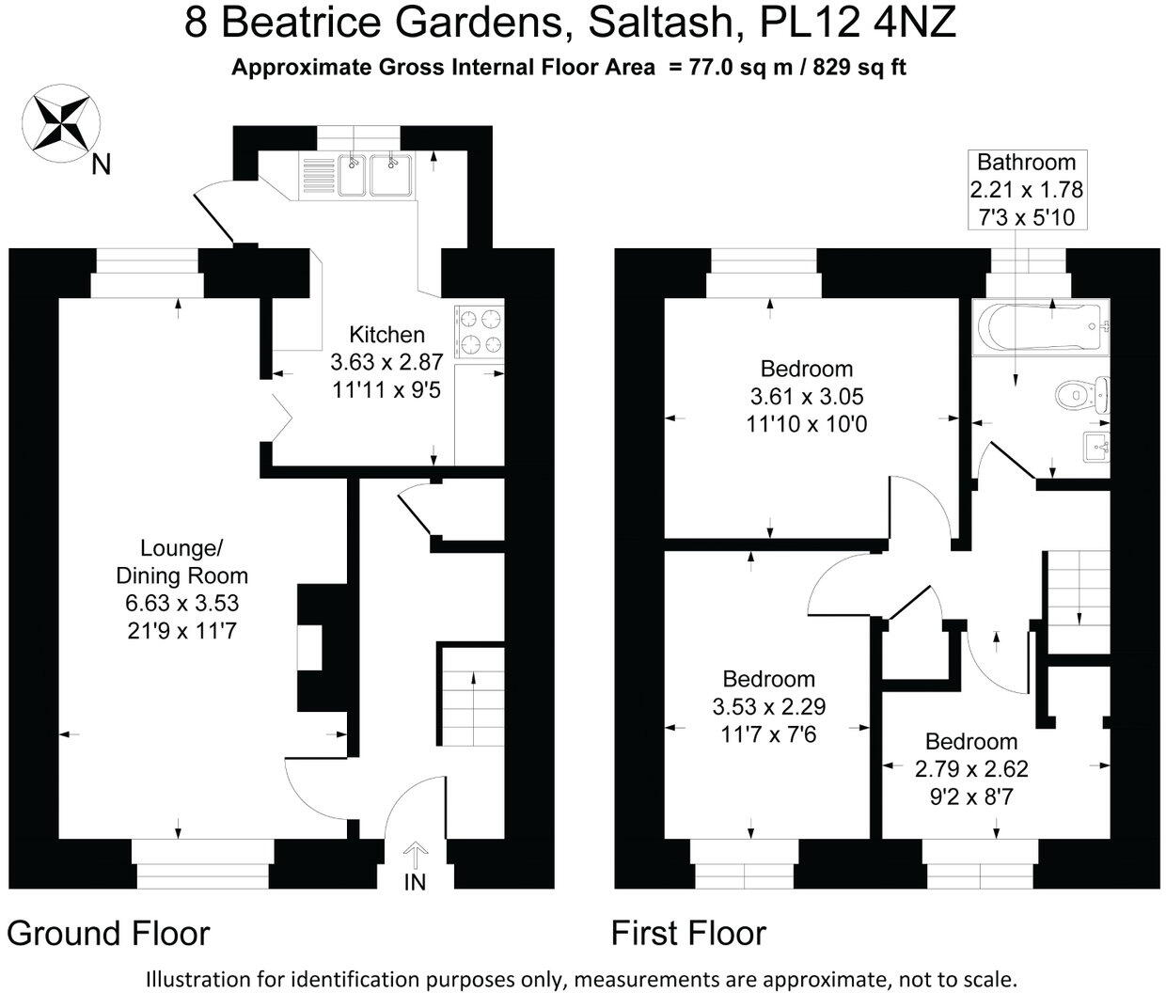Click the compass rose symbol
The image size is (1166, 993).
[x=61, y=123]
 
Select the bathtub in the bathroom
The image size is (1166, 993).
[x=1041, y=326]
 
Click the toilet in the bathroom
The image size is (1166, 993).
[x=1082, y=393]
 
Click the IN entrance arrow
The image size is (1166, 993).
[x=415, y=854]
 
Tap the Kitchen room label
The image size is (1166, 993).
[x=386, y=335]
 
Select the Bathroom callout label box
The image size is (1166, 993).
[x=1027, y=190]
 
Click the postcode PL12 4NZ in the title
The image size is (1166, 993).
[x=858, y=23]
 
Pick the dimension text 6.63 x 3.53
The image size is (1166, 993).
[x=181, y=603]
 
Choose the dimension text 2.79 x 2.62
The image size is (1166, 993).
[x=971, y=769]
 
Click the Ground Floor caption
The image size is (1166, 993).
[x=108, y=934]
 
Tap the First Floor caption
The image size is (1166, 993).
[x=688, y=934]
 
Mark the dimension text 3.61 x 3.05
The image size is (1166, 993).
[x=807, y=396]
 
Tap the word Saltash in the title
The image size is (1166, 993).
[x=666, y=23]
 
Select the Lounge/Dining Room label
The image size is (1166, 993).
[x=181, y=561]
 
